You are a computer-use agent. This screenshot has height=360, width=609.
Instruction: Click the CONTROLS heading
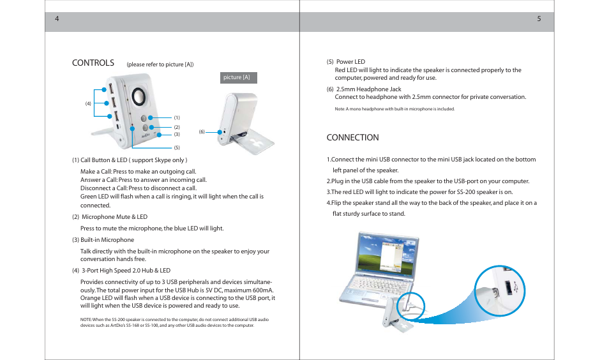click(x=93, y=63)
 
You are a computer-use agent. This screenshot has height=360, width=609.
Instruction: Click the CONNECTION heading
click(x=352, y=137)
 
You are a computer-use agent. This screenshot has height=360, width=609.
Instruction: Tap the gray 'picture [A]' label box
click(x=238, y=78)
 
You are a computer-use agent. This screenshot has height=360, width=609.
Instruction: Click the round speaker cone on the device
click(x=139, y=97)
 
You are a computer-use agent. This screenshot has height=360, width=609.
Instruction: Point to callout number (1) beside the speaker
click(x=177, y=117)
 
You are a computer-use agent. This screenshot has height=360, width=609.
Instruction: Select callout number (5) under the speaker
click(x=177, y=147)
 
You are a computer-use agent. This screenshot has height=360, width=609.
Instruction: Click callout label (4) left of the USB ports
click(x=89, y=103)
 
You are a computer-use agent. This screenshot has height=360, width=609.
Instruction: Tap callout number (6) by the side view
click(x=201, y=131)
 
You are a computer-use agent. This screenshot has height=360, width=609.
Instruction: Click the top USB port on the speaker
click(x=112, y=87)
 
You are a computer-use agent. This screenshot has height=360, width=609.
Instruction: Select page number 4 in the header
click(x=57, y=19)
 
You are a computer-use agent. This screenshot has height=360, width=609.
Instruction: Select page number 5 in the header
click(x=539, y=19)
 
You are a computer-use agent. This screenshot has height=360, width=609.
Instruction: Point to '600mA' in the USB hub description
click(x=261, y=290)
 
